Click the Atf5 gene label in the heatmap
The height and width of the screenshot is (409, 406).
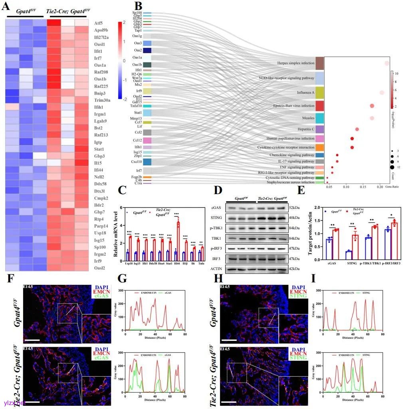tap(99, 23)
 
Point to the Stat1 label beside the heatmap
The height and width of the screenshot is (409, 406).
tap(100, 148)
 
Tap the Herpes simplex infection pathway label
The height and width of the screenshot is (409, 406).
tap(295, 63)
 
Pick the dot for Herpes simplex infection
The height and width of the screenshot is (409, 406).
tap(387, 63)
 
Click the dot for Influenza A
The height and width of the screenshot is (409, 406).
tap(382, 93)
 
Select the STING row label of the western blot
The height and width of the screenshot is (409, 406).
tap(216, 218)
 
